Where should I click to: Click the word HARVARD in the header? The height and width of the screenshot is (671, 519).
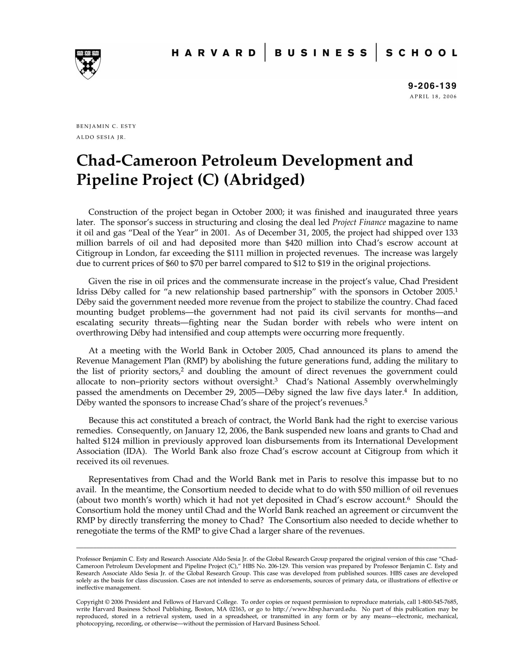click(214, 53)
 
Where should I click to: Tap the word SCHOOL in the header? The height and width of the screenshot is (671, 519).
click(421, 53)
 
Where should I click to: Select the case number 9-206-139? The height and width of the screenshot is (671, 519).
click(432, 86)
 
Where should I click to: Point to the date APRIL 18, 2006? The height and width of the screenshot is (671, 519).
click(433, 97)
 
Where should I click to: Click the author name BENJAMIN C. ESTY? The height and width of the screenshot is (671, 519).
click(106, 126)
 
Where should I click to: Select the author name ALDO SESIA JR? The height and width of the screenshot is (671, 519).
click(101, 137)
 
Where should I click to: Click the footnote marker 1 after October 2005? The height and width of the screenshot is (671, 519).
click(456, 289)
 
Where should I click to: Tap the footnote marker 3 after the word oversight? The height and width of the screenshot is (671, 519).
click(276, 380)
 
